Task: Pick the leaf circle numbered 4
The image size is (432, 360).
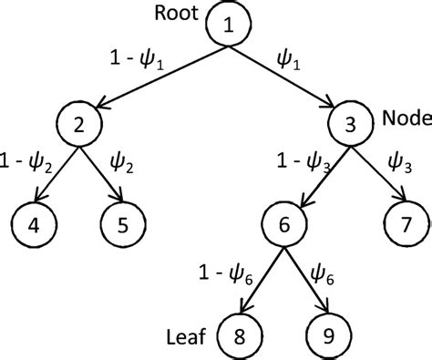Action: (x=33, y=224)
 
